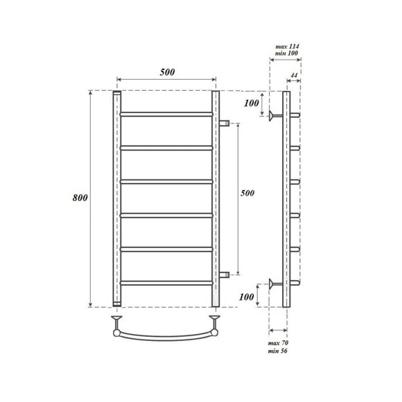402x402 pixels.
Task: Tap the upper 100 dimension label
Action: point(253,104)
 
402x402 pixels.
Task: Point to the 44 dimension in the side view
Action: point(294,75)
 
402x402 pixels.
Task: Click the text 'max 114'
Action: point(286,45)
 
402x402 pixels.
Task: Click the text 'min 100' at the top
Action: point(286,54)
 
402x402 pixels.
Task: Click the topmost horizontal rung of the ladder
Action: point(166,113)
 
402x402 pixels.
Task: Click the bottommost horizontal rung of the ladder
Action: point(166,282)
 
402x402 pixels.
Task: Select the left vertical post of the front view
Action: point(116,198)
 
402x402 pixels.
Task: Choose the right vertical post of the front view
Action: point(216,198)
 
